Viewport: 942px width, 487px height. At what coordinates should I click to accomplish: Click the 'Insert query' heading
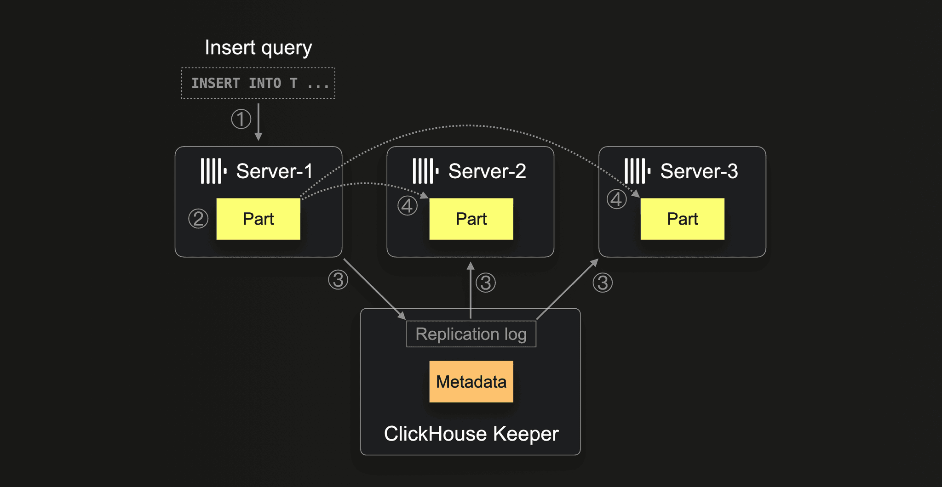258,48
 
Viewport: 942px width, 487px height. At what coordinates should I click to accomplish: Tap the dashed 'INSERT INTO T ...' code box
258,83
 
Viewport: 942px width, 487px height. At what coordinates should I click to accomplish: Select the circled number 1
241,119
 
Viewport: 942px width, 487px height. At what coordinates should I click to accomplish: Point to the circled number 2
198,219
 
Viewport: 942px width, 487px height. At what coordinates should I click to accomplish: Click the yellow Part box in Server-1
258,219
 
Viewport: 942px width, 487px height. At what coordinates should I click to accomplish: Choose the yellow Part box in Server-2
471,219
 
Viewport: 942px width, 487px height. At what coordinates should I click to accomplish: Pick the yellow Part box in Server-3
683,219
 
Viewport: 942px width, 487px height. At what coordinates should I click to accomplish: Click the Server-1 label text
275,171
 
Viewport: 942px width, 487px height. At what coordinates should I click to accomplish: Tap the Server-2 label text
487,171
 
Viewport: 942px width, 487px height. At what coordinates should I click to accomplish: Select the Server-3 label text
699,171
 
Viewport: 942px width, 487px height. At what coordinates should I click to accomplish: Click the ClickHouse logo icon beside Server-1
213,171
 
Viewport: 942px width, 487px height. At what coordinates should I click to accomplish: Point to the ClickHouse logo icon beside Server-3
638,171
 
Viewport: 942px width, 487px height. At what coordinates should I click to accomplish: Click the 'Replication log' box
471,334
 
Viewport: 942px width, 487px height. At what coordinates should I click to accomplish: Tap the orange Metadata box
471,382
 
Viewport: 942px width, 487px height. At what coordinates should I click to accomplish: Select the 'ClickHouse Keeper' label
471,434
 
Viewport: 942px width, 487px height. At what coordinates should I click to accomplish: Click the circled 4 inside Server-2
408,205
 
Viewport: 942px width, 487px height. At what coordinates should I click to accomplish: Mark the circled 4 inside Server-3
617,199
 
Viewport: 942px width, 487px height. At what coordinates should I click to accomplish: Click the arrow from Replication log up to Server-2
471,290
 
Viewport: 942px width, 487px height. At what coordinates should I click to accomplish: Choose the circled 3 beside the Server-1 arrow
338,279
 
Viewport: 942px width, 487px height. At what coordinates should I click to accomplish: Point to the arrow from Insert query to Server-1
258,122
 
